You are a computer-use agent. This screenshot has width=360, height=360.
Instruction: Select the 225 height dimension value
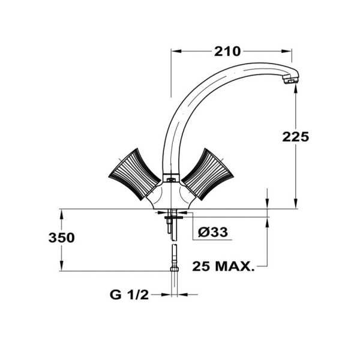(296, 136)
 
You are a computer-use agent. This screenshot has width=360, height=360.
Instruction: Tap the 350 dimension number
(61, 238)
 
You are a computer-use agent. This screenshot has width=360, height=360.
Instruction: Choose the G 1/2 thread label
(129, 295)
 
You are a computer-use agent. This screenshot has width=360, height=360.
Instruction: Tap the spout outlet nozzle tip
(291, 79)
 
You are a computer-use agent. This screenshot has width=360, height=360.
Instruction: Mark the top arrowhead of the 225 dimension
(296, 87)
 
